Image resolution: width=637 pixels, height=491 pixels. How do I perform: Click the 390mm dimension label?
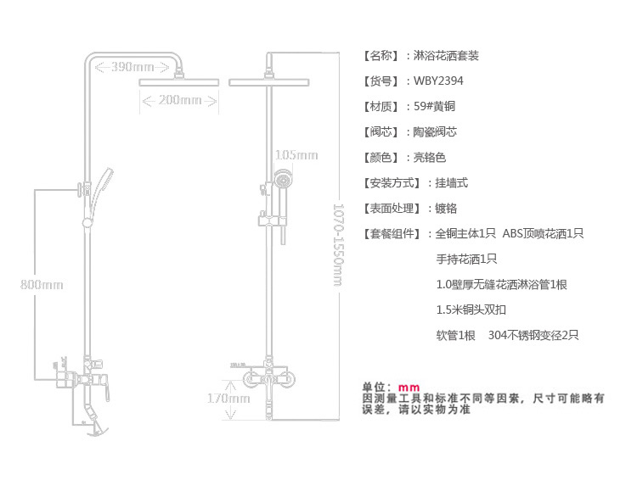click(x=132, y=67)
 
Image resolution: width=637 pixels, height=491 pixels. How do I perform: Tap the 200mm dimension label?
click(x=179, y=100)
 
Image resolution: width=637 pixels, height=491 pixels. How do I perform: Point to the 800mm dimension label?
click(x=42, y=284)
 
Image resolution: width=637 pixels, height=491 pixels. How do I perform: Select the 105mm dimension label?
click(x=296, y=154)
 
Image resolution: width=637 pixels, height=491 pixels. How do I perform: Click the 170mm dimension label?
click(x=228, y=398)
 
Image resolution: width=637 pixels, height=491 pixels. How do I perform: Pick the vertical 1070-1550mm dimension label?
click(x=338, y=245)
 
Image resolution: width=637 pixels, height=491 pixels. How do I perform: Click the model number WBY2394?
click(x=438, y=81)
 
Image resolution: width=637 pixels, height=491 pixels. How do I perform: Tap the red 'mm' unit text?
click(x=409, y=388)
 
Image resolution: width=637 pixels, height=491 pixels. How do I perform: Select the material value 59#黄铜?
click(x=434, y=106)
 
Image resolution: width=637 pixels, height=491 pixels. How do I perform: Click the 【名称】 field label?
click(x=381, y=56)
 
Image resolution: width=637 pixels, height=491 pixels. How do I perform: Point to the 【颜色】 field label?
click(x=381, y=158)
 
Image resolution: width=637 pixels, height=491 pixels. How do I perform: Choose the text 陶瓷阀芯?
click(x=435, y=132)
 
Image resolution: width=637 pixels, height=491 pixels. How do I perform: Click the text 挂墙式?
click(x=451, y=183)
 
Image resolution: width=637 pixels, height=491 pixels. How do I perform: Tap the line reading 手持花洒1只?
click(x=466, y=259)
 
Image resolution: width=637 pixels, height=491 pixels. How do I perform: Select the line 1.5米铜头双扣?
click(x=471, y=310)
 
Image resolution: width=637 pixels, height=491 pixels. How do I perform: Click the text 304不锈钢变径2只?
click(x=533, y=335)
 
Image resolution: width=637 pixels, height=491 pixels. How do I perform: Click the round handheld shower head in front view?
click(x=283, y=179)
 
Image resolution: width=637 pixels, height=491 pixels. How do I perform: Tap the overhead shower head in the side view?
click(x=178, y=82)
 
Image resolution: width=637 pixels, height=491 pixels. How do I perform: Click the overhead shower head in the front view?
click(x=269, y=82)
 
